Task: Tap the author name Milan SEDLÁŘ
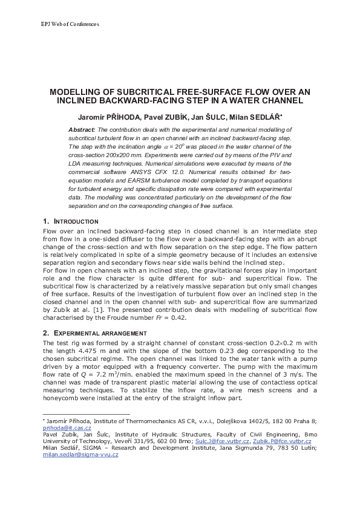coord(246,115)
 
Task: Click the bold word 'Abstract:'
coord(82,129)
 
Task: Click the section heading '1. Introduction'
coord(71,221)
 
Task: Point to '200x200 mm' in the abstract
coord(113,155)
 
